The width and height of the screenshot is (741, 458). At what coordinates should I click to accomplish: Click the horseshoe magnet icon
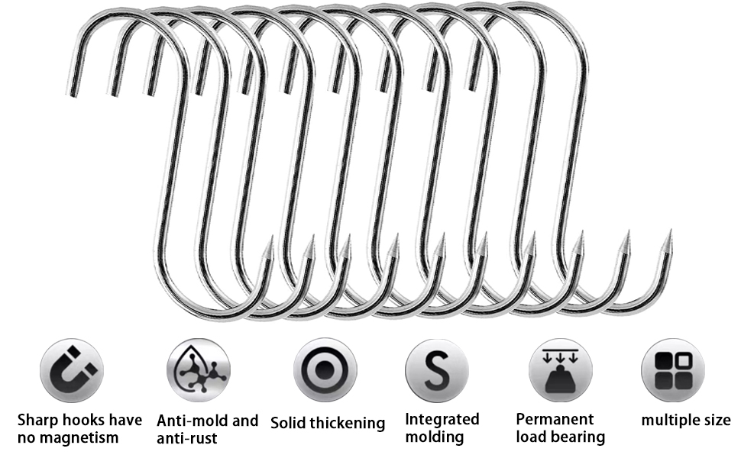[x=71, y=370]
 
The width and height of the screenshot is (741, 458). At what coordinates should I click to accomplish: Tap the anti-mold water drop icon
[x=198, y=370]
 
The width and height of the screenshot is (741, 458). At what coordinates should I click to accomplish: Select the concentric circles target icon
[x=324, y=370]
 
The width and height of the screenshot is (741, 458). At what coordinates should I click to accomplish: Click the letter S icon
[x=436, y=370]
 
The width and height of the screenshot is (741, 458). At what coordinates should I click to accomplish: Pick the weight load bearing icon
[x=559, y=370]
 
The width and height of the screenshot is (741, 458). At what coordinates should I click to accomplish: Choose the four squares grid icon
[x=672, y=370]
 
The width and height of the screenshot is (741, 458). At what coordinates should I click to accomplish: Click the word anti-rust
[x=187, y=438]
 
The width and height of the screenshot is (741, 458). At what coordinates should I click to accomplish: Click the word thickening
[x=350, y=423]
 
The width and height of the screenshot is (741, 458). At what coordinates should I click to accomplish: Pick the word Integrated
[x=442, y=419]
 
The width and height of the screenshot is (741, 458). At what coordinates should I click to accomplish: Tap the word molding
[x=434, y=437]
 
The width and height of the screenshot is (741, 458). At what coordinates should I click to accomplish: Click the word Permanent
[x=555, y=419]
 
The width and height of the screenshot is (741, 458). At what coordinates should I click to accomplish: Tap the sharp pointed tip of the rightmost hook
[x=670, y=232]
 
